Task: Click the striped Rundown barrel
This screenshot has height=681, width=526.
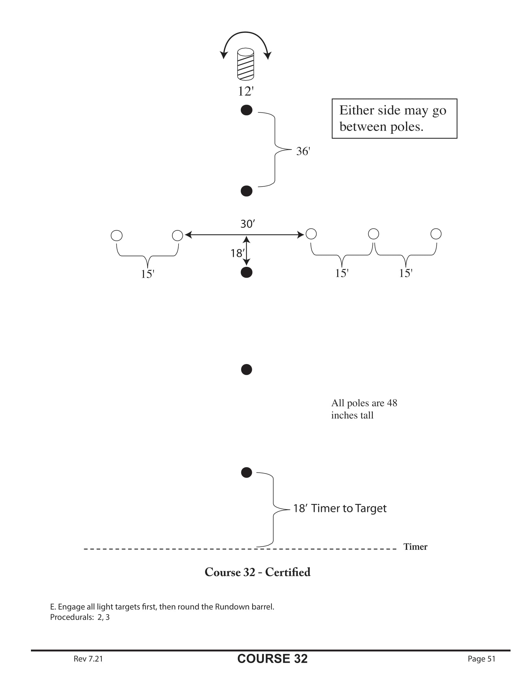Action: click(246, 64)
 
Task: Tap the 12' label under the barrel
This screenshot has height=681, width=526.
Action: click(246, 91)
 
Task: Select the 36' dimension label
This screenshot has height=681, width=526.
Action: click(303, 151)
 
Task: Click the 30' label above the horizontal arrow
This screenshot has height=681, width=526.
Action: click(248, 223)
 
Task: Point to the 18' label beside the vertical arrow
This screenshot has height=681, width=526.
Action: click(237, 253)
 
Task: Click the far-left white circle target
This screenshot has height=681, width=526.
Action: click(117, 236)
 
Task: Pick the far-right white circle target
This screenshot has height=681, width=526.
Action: click(436, 234)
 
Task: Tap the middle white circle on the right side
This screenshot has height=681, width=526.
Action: click(373, 234)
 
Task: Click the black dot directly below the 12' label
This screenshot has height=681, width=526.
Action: click(247, 110)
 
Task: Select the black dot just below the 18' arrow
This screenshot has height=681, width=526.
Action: click(247, 272)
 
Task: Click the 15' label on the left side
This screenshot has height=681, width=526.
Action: click(147, 274)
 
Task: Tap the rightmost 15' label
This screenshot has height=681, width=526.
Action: click(405, 273)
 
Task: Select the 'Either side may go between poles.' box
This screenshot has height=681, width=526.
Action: click(394, 119)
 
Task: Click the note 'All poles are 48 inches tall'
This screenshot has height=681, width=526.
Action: click(364, 409)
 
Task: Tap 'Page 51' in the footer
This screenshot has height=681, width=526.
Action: click(481, 658)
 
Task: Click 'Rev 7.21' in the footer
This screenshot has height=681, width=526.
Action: click(88, 658)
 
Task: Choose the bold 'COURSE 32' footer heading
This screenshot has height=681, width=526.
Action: click(272, 658)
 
